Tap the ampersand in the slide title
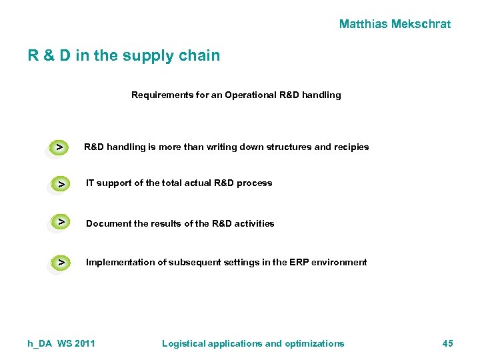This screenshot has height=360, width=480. click(49, 55)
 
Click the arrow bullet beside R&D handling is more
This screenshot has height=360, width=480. click(60, 146)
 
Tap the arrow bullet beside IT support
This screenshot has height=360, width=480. click(61, 183)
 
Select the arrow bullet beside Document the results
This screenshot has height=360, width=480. click(61, 221)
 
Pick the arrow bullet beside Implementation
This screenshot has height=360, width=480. click(61, 263)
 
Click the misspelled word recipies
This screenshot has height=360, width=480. click(350, 147)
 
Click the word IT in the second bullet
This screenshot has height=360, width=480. click(90, 183)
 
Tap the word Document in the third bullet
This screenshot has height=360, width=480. click(109, 223)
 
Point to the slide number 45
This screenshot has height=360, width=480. click(447, 343)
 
